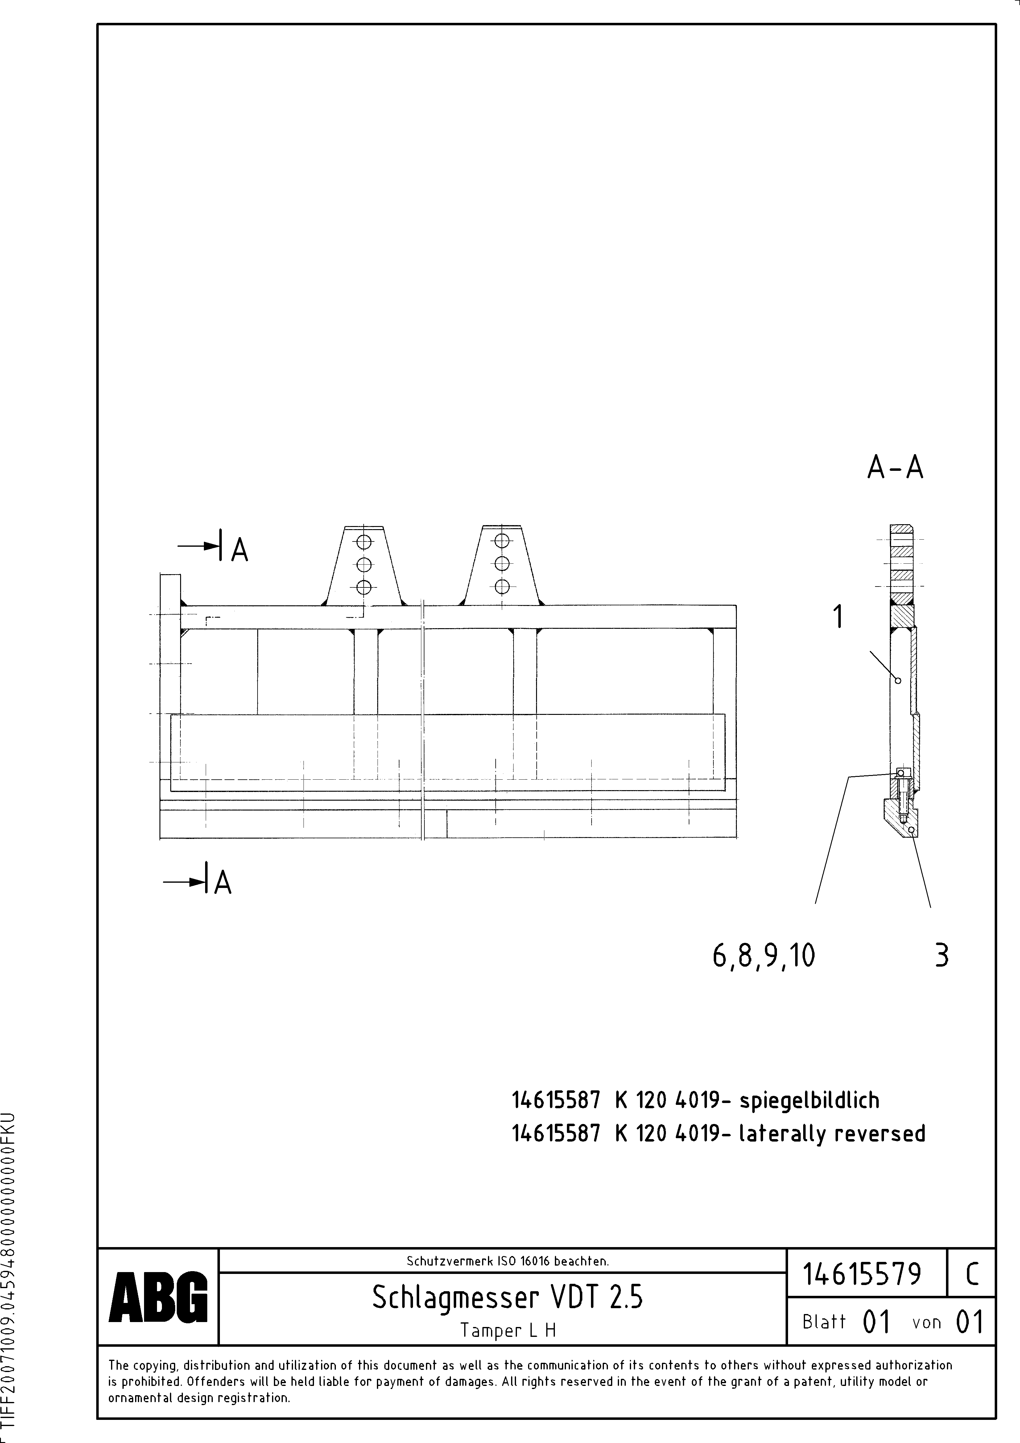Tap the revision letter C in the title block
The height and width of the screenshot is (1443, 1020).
pos(972,1274)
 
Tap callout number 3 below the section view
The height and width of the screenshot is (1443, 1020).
pos(941,955)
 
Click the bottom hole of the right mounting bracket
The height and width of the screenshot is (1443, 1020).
pos(502,587)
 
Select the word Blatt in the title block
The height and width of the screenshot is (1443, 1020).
pos(824,1322)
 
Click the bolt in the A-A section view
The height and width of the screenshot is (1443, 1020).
pos(902,798)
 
